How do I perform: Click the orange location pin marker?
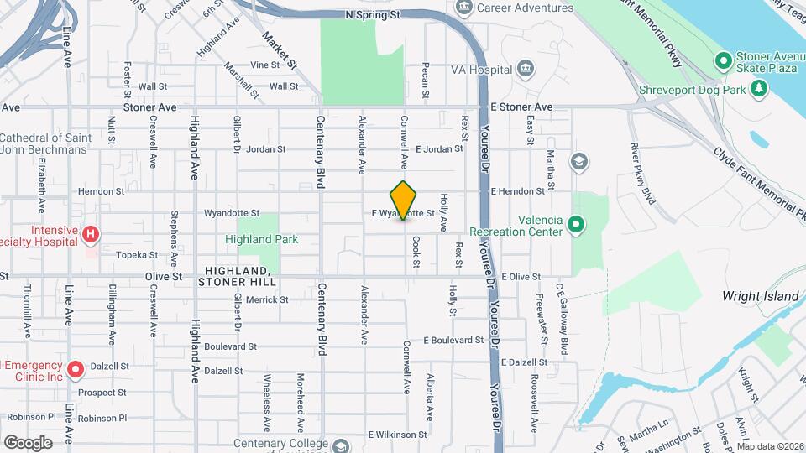pos(404,200)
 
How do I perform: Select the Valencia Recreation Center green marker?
pos(575,224)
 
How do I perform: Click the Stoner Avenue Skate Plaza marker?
pos(722,60)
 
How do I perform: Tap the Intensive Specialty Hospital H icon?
pos(91,234)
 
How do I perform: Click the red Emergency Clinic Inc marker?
pos(75,368)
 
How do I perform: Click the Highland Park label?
pos(261,239)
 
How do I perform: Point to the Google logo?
pos(28,442)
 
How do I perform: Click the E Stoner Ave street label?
pos(521,107)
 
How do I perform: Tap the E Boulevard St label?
pos(453,341)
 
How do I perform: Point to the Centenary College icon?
pos(340,445)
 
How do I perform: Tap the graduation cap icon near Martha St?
pos(578,160)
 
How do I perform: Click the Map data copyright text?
pos(769,446)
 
